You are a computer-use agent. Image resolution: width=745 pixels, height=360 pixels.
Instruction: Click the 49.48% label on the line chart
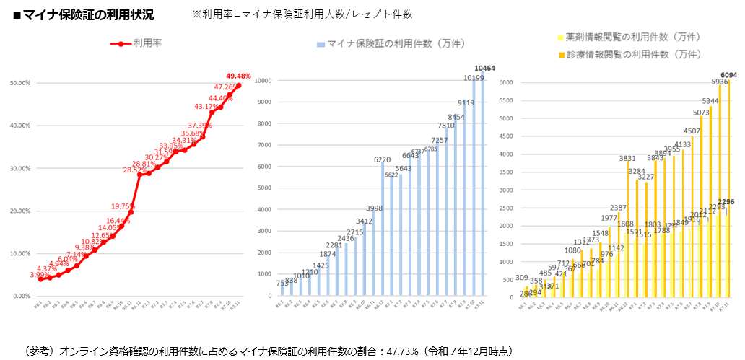[238, 76]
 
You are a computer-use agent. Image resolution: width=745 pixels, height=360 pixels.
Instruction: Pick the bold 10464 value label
[484, 69]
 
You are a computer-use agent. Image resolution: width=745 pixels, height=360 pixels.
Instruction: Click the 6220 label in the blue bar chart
[383, 159]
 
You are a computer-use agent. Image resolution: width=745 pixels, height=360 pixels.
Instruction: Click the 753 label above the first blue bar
[283, 283]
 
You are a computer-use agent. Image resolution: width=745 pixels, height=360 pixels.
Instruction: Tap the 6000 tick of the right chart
[505, 82]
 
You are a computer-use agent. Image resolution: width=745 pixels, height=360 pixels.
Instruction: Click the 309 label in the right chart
[522, 278]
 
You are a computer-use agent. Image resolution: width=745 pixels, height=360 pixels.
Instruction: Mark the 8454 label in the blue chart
[456, 117]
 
